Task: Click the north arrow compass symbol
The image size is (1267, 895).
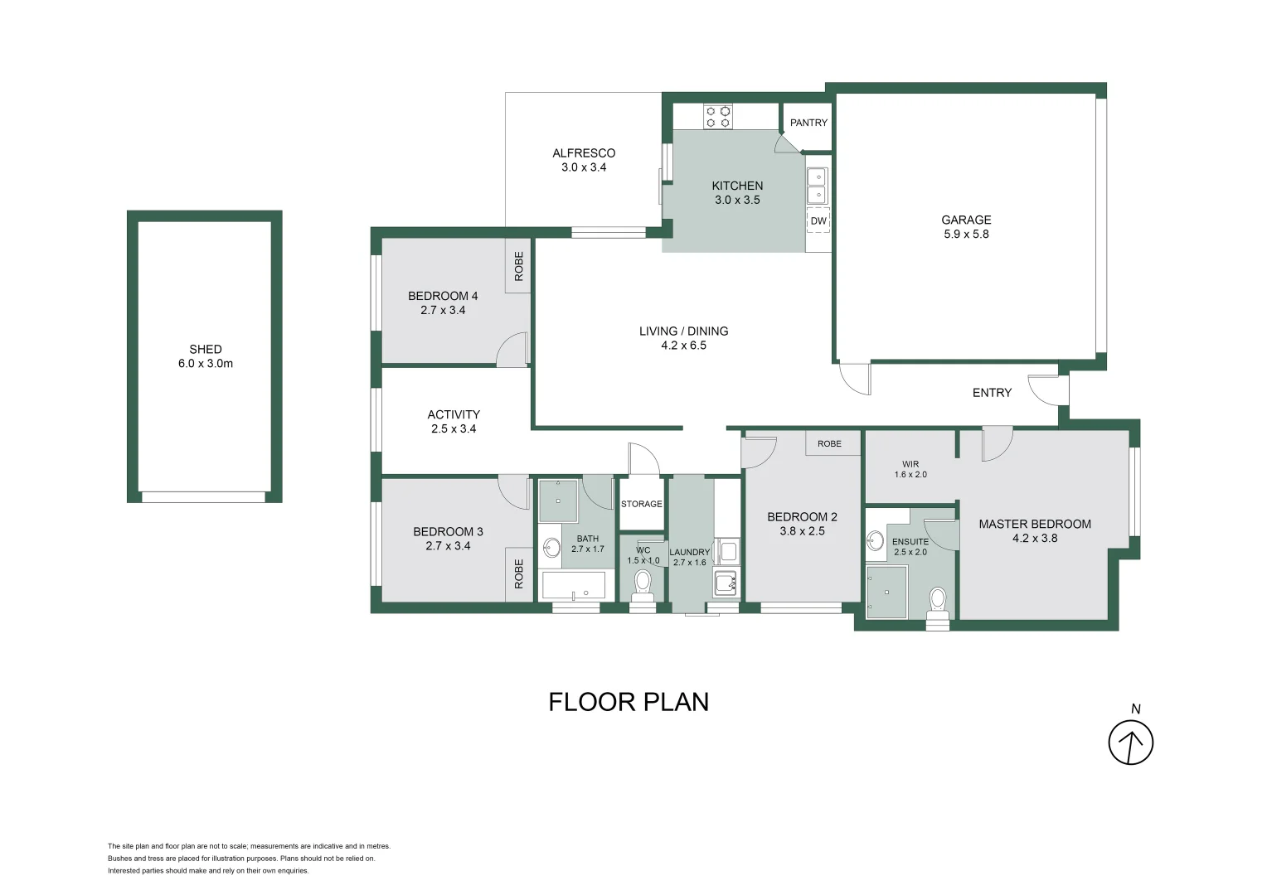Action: point(1130,742)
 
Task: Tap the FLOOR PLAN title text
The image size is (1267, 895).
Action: point(629,702)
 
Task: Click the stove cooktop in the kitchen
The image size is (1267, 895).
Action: point(718,116)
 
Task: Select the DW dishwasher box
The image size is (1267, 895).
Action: point(818,220)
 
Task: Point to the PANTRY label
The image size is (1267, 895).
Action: point(808,123)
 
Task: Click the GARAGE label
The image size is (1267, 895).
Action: point(966,220)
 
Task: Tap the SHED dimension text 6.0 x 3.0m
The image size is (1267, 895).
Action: point(206,364)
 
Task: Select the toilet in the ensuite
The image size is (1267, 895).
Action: point(938,601)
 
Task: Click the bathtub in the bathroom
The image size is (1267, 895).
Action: point(575,587)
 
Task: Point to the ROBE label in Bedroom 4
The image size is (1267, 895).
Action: point(519,266)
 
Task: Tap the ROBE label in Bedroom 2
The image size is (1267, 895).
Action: point(829,444)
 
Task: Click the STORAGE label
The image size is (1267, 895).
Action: point(642,504)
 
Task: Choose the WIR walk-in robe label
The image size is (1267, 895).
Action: point(910,464)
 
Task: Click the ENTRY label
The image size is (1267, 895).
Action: point(992,393)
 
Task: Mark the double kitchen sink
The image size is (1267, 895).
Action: point(817,186)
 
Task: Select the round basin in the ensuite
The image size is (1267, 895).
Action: point(876,541)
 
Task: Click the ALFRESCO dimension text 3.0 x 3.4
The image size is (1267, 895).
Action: point(584,167)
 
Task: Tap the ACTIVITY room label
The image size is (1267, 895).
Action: point(454,414)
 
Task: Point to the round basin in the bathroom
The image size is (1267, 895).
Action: point(551,548)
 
